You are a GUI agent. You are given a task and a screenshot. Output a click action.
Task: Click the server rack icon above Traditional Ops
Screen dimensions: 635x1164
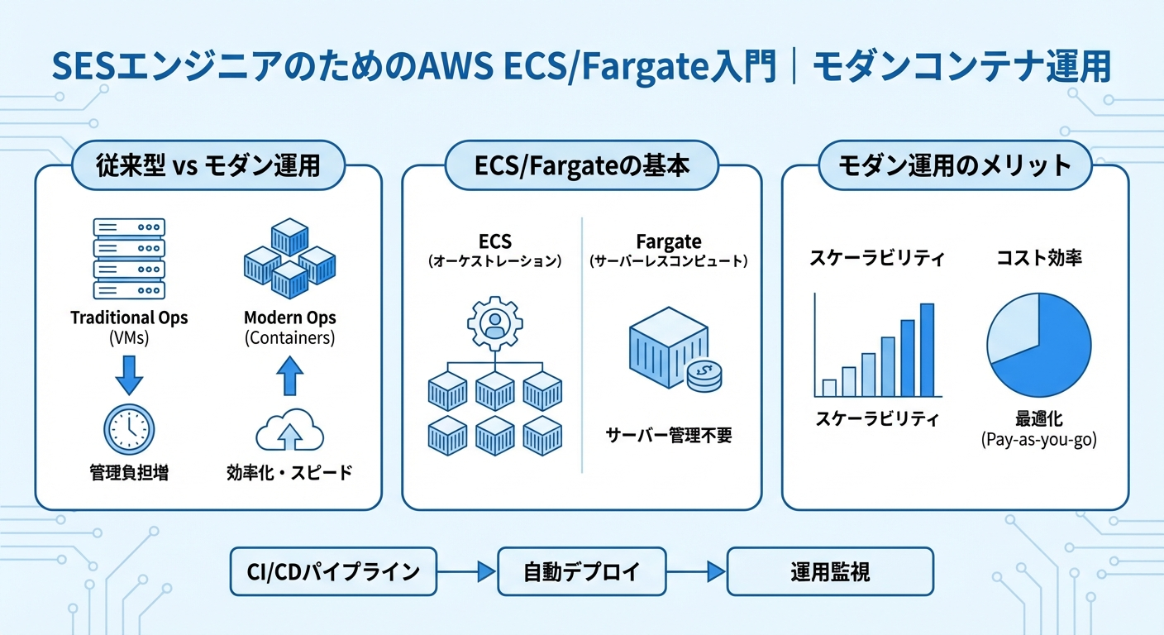pyautogui.click(x=129, y=259)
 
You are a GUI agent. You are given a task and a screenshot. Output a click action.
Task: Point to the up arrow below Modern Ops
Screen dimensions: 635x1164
pyautogui.click(x=289, y=375)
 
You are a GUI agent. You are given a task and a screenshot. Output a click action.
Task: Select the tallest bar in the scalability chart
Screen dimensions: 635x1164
pyautogui.click(x=927, y=351)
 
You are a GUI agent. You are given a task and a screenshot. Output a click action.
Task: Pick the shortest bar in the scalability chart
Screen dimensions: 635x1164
pyautogui.click(x=829, y=388)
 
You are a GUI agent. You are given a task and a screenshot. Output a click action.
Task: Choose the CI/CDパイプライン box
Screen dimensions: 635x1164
pyautogui.click(x=333, y=571)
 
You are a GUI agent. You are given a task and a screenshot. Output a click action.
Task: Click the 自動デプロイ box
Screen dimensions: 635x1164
pyautogui.click(x=582, y=571)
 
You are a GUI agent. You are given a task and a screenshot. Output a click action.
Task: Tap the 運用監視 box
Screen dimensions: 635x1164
pyautogui.click(x=829, y=571)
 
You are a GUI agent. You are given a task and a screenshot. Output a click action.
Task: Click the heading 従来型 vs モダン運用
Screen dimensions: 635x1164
pyautogui.click(x=208, y=165)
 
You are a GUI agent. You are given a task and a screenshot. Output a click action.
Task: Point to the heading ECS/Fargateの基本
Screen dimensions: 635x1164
pyautogui.click(x=582, y=165)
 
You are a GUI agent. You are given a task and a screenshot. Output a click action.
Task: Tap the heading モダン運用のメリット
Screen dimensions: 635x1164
pyautogui.click(x=955, y=165)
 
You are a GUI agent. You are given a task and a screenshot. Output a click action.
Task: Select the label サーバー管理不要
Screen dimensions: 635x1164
pyautogui.click(x=668, y=435)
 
